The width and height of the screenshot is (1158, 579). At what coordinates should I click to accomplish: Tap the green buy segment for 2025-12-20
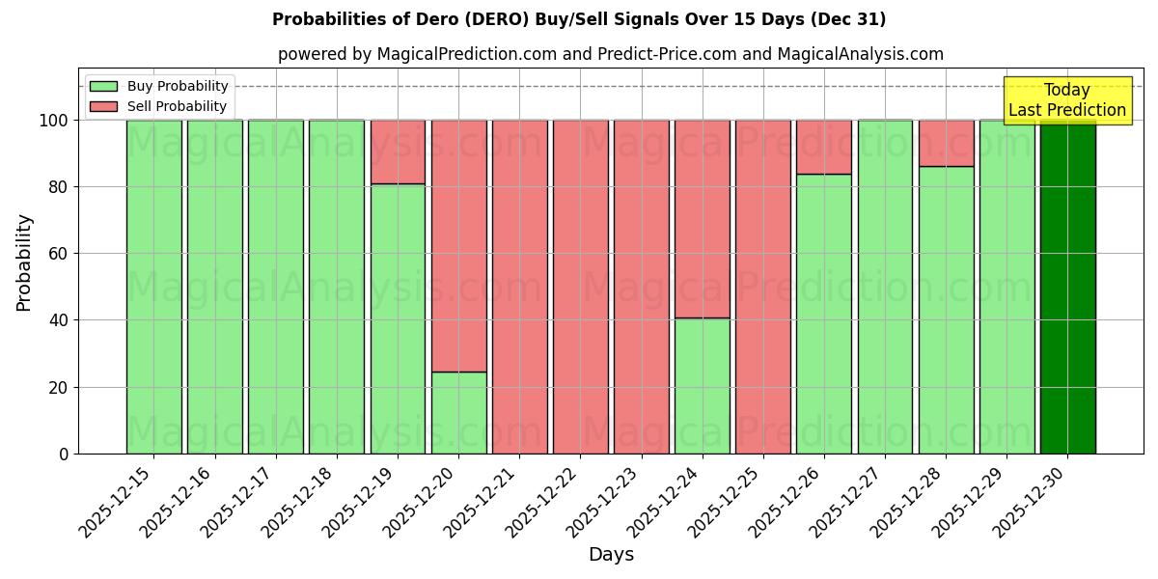(458, 412)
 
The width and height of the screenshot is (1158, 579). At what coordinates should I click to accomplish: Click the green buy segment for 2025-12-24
(702, 385)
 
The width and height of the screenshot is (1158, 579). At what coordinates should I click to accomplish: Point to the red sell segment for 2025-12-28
(946, 143)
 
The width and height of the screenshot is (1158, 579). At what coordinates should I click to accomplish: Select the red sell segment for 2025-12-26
(824, 147)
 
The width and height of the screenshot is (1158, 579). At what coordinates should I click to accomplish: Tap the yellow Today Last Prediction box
(1066, 100)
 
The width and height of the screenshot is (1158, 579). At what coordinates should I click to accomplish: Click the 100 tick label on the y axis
(54, 121)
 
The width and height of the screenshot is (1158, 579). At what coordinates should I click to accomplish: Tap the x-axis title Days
(611, 555)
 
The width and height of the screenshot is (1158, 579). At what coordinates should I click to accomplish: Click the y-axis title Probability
(24, 262)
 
